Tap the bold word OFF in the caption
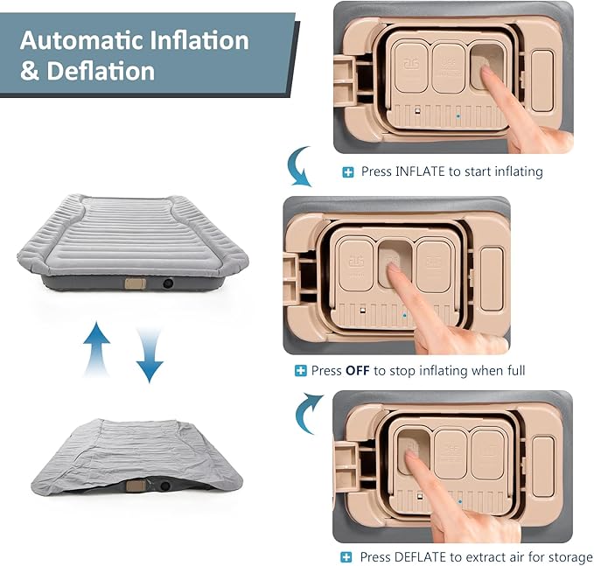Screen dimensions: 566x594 point(358,371)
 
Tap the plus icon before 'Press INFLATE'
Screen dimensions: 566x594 point(347,172)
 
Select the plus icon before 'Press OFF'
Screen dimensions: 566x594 point(301,371)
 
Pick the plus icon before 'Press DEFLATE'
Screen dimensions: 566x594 point(347,557)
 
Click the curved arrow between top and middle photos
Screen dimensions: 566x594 point(300,167)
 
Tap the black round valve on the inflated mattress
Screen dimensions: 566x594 point(167,283)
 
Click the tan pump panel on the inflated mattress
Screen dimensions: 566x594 point(135,283)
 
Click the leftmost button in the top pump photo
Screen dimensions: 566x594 point(410,68)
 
